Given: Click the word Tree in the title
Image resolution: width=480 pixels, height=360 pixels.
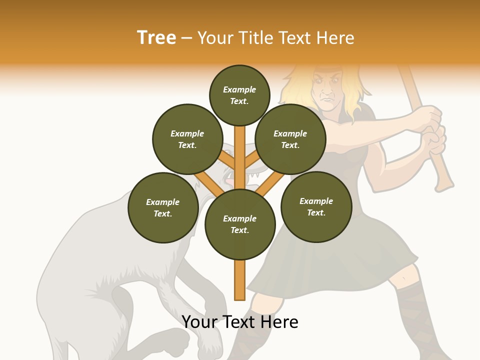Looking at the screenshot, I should point(156,38).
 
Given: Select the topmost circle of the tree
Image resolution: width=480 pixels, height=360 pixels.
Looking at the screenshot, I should point(239,95).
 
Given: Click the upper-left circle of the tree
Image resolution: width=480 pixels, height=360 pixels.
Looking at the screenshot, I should point(187,139).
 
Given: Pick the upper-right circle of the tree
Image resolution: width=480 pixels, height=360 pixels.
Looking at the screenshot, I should point(290,139).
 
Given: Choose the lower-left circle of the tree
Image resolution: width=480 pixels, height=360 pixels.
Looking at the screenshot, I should point(162,207).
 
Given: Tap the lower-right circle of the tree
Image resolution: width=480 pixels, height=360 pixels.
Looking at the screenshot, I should point(316,206).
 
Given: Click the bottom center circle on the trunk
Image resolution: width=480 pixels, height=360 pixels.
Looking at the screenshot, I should point(240,224).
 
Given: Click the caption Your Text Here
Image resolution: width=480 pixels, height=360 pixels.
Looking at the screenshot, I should point(240,322).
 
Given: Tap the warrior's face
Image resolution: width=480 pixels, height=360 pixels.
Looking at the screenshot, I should point(327,90).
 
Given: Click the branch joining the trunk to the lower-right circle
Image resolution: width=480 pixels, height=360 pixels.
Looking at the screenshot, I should point(270,183).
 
